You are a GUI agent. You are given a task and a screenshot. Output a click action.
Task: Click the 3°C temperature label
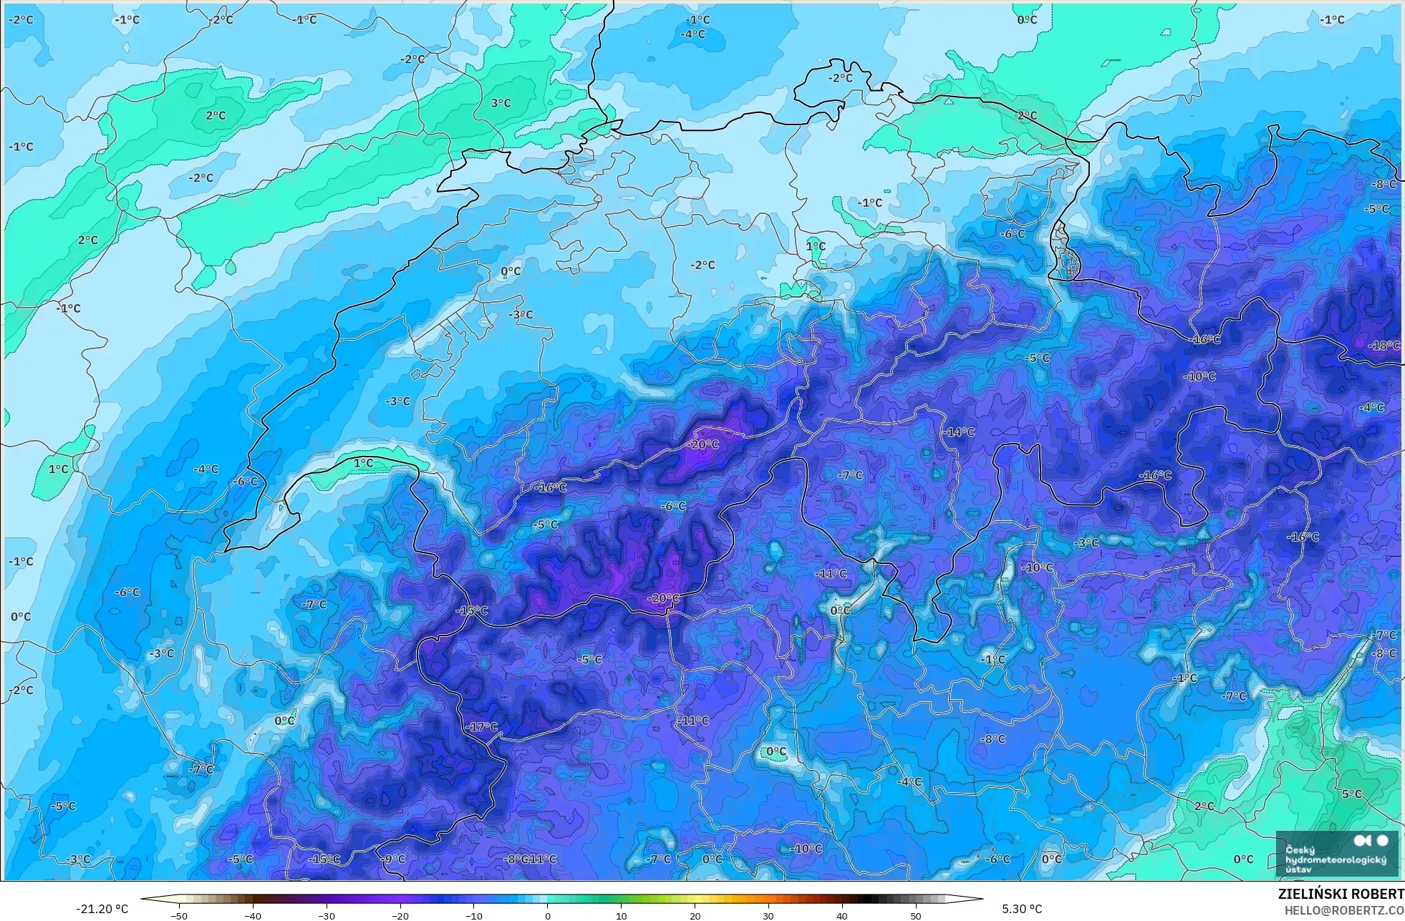click(x=501, y=103)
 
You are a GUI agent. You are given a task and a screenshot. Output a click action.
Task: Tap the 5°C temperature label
click(x=1351, y=794)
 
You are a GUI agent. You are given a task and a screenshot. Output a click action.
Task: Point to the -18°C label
click(x=1384, y=346)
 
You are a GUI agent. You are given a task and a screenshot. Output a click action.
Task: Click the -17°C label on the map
click(x=481, y=726)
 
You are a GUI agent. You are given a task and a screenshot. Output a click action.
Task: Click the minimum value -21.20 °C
click(x=102, y=909)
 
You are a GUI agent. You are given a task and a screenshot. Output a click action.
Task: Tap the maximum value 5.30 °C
click(x=1022, y=909)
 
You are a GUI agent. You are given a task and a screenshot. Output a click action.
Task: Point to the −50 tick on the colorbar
click(x=179, y=915)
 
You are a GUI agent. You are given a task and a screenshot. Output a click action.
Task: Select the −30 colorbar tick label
click(x=326, y=915)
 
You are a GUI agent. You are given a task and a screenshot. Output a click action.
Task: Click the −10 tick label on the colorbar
click(x=473, y=915)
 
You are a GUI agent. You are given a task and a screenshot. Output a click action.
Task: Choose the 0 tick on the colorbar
click(x=548, y=915)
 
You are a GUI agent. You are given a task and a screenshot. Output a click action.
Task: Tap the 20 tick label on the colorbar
click(x=695, y=915)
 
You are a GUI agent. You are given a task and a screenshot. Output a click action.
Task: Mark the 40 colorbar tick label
click(x=841, y=915)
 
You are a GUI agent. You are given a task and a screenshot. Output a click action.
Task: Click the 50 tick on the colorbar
click(x=915, y=915)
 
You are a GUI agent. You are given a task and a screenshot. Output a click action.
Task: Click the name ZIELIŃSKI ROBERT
click(x=1341, y=894)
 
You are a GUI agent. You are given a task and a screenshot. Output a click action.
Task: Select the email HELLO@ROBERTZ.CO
click(x=1344, y=910)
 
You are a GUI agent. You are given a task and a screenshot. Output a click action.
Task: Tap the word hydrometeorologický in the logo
click(x=1336, y=859)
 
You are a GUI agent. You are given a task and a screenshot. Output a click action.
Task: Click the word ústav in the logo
click(x=1298, y=869)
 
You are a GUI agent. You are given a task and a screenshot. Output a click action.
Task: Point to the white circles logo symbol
click(x=1371, y=841)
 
